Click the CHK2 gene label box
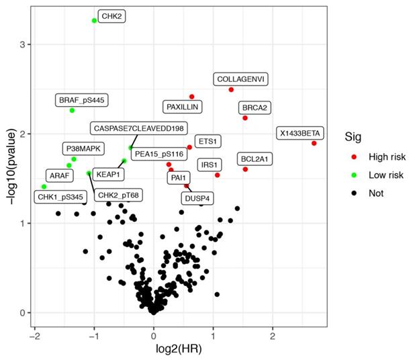[x=112, y=15]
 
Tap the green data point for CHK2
[x=94, y=21]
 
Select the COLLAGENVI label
[x=242, y=79]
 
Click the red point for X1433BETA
[x=314, y=143]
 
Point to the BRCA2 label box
[x=255, y=107]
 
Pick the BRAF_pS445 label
[x=81, y=101]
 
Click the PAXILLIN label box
[x=183, y=106]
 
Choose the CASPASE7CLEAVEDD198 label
[x=139, y=128]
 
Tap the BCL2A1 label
[x=255, y=159]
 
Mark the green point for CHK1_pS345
[x=44, y=187]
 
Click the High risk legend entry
[x=386, y=157]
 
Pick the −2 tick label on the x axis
[x=35, y=334]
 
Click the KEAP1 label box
[x=108, y=174]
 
